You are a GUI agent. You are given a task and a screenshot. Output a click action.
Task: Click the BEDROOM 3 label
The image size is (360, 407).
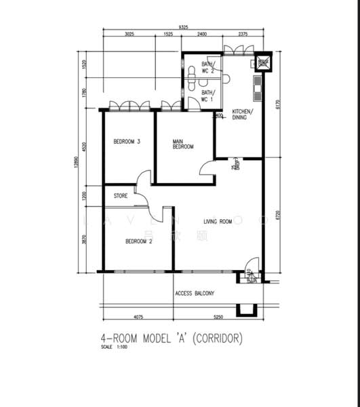[127, 141]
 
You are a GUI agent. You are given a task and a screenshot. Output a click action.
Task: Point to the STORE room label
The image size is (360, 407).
[121, 196]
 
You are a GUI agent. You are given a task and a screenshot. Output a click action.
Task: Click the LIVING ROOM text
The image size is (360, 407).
[218, 221]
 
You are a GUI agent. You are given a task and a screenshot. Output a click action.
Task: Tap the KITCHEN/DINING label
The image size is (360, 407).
[243, 114]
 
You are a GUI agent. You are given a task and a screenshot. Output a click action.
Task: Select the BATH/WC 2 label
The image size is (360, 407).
[207, 68]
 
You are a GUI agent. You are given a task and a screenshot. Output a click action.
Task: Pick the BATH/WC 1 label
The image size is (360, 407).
[207, 96]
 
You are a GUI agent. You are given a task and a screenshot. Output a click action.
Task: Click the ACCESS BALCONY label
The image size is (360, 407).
[195, 293]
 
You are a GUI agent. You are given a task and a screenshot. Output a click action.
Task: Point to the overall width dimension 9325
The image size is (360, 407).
[183, 27]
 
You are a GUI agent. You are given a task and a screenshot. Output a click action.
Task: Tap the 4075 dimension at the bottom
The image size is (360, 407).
[138, 317]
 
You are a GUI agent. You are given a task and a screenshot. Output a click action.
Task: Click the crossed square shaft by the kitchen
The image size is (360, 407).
[262, 63]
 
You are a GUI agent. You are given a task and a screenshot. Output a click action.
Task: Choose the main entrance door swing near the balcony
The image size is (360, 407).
[251, 265]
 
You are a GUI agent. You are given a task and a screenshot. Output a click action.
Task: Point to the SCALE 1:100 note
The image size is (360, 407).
[113, 347]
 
